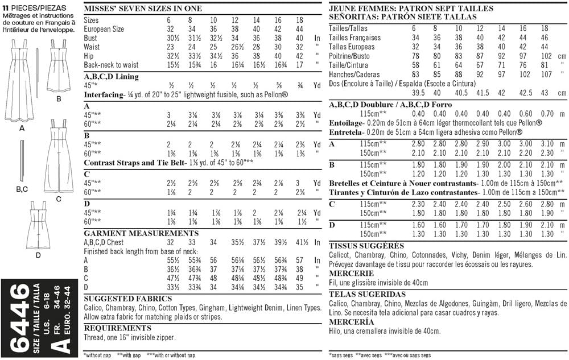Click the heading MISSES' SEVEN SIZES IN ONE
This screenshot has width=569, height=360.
click(x=139, y=9)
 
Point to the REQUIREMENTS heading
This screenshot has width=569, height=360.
click(x=118, y=328)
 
